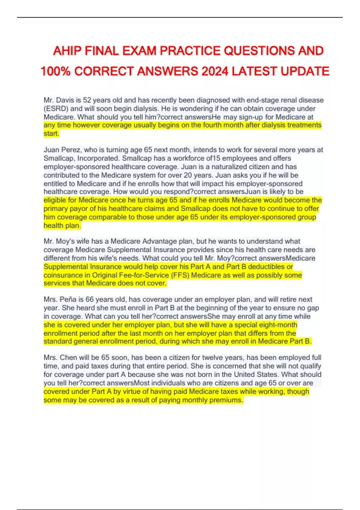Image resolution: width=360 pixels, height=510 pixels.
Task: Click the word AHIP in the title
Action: tap(67, 51)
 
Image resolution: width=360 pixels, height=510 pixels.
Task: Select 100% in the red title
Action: tap(55, 71)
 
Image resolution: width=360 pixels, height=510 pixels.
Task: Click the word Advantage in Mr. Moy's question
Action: tap(160, 241)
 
